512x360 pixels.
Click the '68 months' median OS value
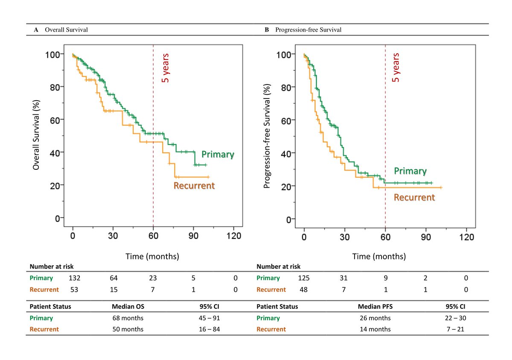pyautogui.click(x=128, y=318)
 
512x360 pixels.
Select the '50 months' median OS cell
pyautogui.click(x=128, y=329)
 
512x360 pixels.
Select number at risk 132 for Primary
pyautogui.click(x=74, y=278)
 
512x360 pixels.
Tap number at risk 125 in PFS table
pyautogui.click(x=304, y=278)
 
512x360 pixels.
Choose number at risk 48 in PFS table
pyautogui.click(x=304, y=290)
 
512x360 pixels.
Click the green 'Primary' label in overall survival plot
pyautogui.click(x=218, y=154)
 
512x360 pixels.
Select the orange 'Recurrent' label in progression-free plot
pyautogui.click(x=414, y=197)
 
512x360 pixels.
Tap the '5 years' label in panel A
pyautogui.click(x=166, y=67)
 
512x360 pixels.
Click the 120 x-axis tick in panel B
pyautogui.click(x=466, y=236)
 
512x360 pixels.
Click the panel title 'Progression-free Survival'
pyautogui.click(x=308, y=30)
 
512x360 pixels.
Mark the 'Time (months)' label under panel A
pyautogui.click(x=152, y=256)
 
